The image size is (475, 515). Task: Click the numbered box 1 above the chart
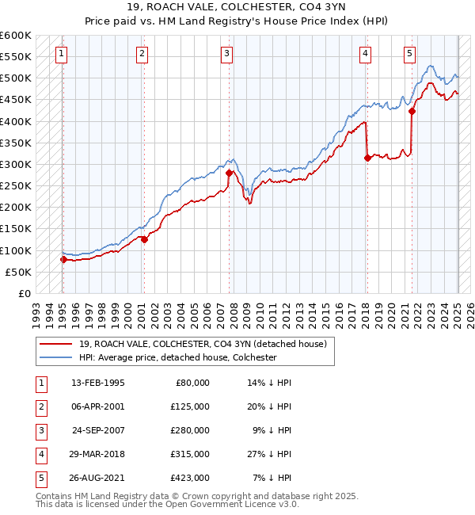[x=62, y=54]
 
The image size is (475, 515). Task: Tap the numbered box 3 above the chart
[x=226, y=54]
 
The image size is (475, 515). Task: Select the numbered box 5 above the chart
[x=409, y=54]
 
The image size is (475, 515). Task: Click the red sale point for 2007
[x=229, y=173]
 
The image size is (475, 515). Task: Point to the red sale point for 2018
[x=367, y=158]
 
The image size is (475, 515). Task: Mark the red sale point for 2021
[x=412, y=112]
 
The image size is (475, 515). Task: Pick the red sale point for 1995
[x=63, y=259]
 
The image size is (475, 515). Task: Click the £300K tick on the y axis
[x=16, y=164]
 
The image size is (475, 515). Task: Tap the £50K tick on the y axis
[x=18, y=272]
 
